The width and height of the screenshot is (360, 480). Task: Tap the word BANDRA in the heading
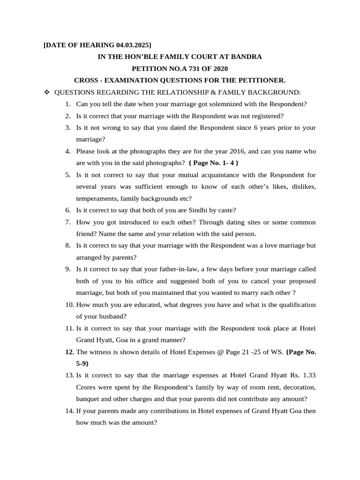(246, 57)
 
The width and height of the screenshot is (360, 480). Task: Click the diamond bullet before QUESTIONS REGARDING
(46, 92)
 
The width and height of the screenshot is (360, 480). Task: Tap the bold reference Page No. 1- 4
(213, 163)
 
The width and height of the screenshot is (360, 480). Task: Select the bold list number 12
(69, 352)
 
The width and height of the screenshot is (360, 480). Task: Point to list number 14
(69, 411)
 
